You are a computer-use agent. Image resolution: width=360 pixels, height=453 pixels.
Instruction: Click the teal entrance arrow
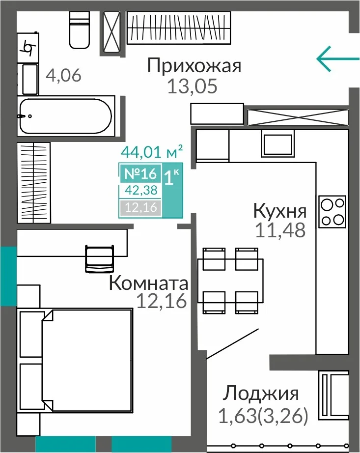tap(338, 58)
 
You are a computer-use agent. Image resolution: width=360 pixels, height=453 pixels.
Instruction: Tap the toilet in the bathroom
tap(79, 30)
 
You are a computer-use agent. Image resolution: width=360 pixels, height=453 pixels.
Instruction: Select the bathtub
tap(66, 116)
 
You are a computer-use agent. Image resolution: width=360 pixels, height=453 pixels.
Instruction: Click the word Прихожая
tap(194, 65)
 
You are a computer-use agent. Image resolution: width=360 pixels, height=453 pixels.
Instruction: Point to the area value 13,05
tap(192, 86)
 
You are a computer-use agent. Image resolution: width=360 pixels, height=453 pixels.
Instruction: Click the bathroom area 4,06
tap(63, 75)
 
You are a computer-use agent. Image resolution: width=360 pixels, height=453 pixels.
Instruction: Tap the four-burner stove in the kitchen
tap(332, 211)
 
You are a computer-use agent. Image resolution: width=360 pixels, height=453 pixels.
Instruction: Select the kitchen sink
tap(278, 143)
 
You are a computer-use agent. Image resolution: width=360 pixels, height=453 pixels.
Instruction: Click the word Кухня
tap(280, 211)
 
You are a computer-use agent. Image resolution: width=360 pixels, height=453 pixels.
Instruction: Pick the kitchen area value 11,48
tap(280, 230)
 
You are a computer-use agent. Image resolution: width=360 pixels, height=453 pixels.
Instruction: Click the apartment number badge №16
tap(140, 173)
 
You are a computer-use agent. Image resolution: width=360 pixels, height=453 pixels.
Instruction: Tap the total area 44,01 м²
tap(152, 151)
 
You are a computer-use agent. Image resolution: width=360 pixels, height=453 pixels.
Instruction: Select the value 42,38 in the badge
tap(141, 190)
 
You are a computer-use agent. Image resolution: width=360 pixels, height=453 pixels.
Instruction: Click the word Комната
tap(149, 283)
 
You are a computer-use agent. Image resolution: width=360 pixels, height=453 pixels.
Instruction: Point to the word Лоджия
tap(261, 394)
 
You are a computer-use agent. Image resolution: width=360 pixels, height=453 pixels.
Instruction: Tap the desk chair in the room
tap(99, 259)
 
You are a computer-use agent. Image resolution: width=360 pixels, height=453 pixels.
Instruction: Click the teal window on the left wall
tap(8, 276)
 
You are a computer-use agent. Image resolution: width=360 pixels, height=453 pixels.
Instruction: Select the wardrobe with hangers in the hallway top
tap(179, 28)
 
